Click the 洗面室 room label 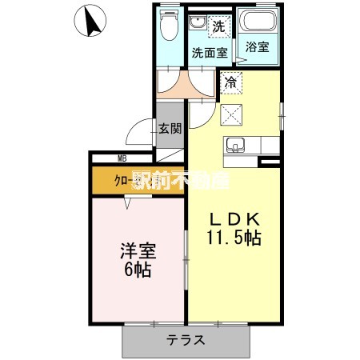point(210,53)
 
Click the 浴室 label point(257,47)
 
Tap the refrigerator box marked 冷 point(230,81)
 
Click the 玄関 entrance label point(169,127)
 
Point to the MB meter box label point(123,158)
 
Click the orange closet point(120,181)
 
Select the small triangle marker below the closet point(127,203)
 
